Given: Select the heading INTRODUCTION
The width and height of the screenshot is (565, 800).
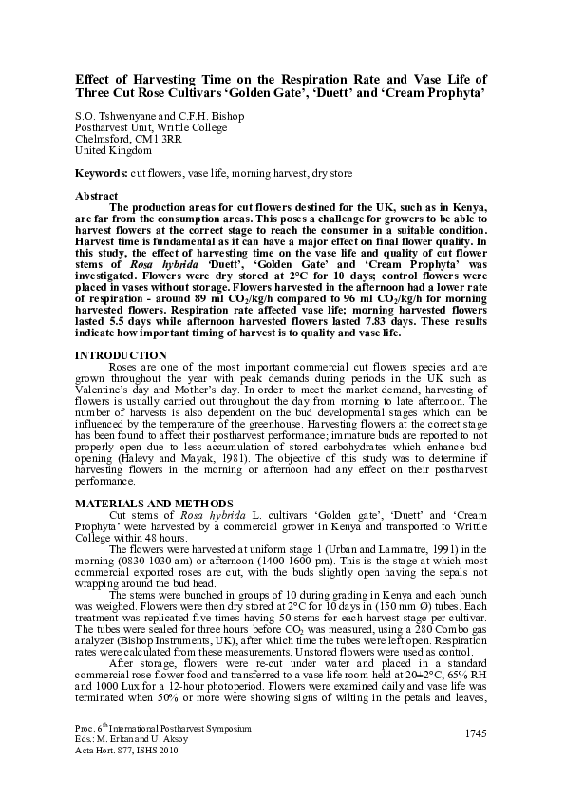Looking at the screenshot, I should coord(119,354).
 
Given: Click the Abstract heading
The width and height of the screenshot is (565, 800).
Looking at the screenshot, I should coord(96,195).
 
